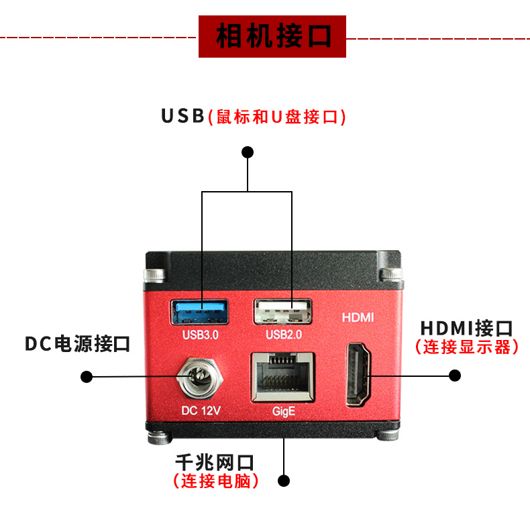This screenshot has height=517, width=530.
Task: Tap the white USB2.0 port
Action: (282, 311)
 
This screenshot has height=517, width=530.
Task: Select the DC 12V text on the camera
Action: (201, 410)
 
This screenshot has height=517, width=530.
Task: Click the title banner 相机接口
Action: (272, 36)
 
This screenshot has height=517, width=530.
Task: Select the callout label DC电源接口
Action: (78, 344)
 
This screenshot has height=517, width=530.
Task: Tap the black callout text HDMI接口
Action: (466, 329)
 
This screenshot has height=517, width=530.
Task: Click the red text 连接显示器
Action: (467, 347)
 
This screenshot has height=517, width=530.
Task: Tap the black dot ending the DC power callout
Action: (87, 376)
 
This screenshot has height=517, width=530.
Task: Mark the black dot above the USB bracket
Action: (248, 152)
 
